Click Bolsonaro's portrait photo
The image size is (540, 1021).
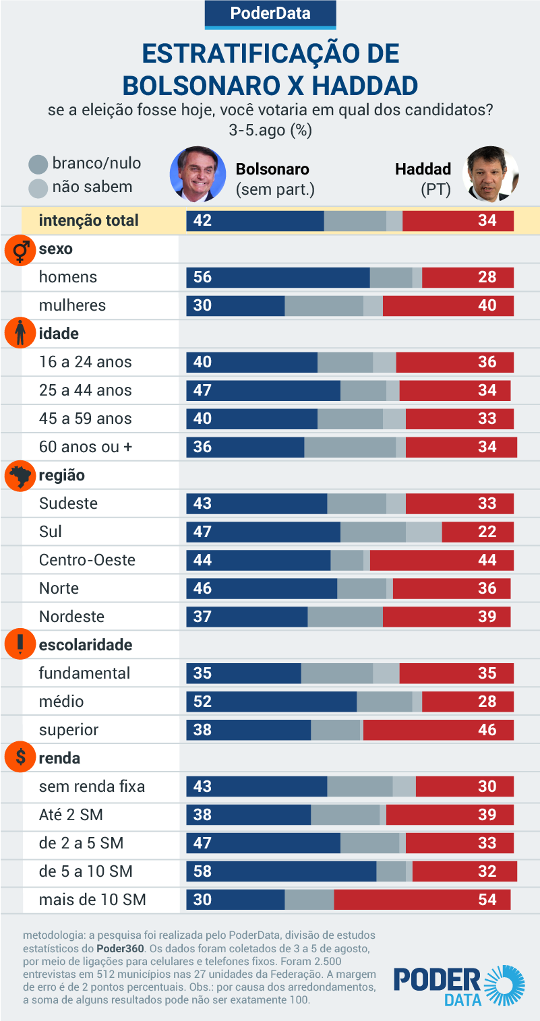(x=198, y=174)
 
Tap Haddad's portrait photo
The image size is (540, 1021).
(x=491, y=175)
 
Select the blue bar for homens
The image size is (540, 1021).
(x=278, y=277)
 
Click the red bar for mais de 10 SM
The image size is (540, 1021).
(x=422, y=900)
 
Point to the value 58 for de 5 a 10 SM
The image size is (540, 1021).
(x=202, y=871)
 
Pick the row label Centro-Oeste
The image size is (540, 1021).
(x=87, y=560)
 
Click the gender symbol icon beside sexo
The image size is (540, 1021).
(x=20, y=249)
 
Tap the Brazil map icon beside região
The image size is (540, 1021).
(x=20, y=476)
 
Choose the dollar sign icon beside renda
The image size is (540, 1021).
(x=20, y=758)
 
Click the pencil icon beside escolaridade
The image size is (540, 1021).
(x=20, y=645)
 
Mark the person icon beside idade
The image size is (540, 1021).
(x=20, y=334)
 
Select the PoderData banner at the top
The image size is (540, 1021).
(x=270, y=13)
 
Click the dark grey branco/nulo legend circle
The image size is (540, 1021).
(x=38, y=164)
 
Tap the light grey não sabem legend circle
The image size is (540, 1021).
(x=38, y=188)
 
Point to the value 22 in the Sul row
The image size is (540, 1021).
(x=487, y=532)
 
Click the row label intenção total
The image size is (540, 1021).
(x=88, y=220)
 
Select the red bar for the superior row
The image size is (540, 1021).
(x=438, y=730)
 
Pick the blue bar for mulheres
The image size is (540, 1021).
(x=235, y=305)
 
